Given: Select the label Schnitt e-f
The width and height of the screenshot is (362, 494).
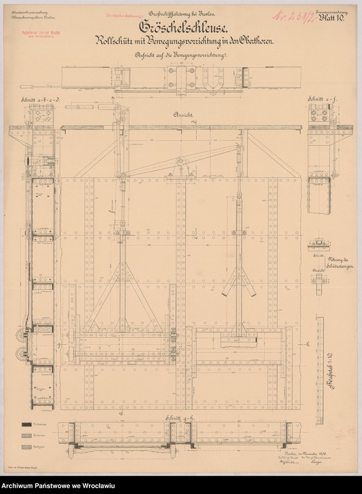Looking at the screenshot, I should point(320,101).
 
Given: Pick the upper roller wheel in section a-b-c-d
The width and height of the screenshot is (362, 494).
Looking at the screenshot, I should point(24,335).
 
